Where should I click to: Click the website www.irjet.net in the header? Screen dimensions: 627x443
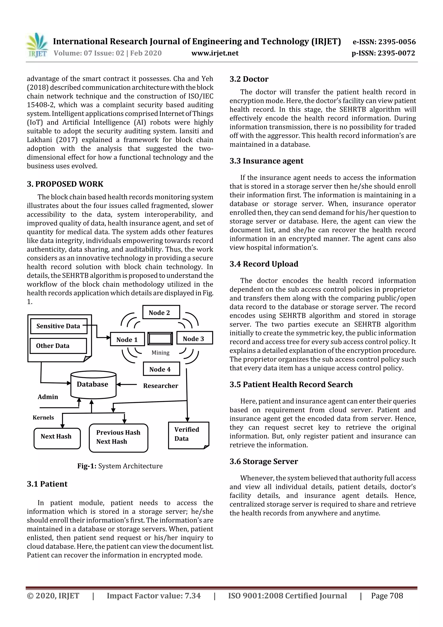pos(215,53)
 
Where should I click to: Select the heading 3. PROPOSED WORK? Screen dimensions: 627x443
pos(65,184)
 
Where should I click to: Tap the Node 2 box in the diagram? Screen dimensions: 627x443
pos(161,312)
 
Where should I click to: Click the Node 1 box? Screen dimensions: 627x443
pos(127,339)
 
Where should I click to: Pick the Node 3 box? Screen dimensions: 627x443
pos(194,338)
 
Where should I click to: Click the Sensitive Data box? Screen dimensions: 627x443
pos(59,326)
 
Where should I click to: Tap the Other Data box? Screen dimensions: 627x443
pos(58,346)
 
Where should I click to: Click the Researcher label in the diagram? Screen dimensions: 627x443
pos(161,386)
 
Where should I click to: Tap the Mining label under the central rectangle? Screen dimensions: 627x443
pos(161,353)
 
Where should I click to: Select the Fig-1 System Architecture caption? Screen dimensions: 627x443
pos(120,466)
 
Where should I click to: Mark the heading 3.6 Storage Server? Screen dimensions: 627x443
pos(263,461)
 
